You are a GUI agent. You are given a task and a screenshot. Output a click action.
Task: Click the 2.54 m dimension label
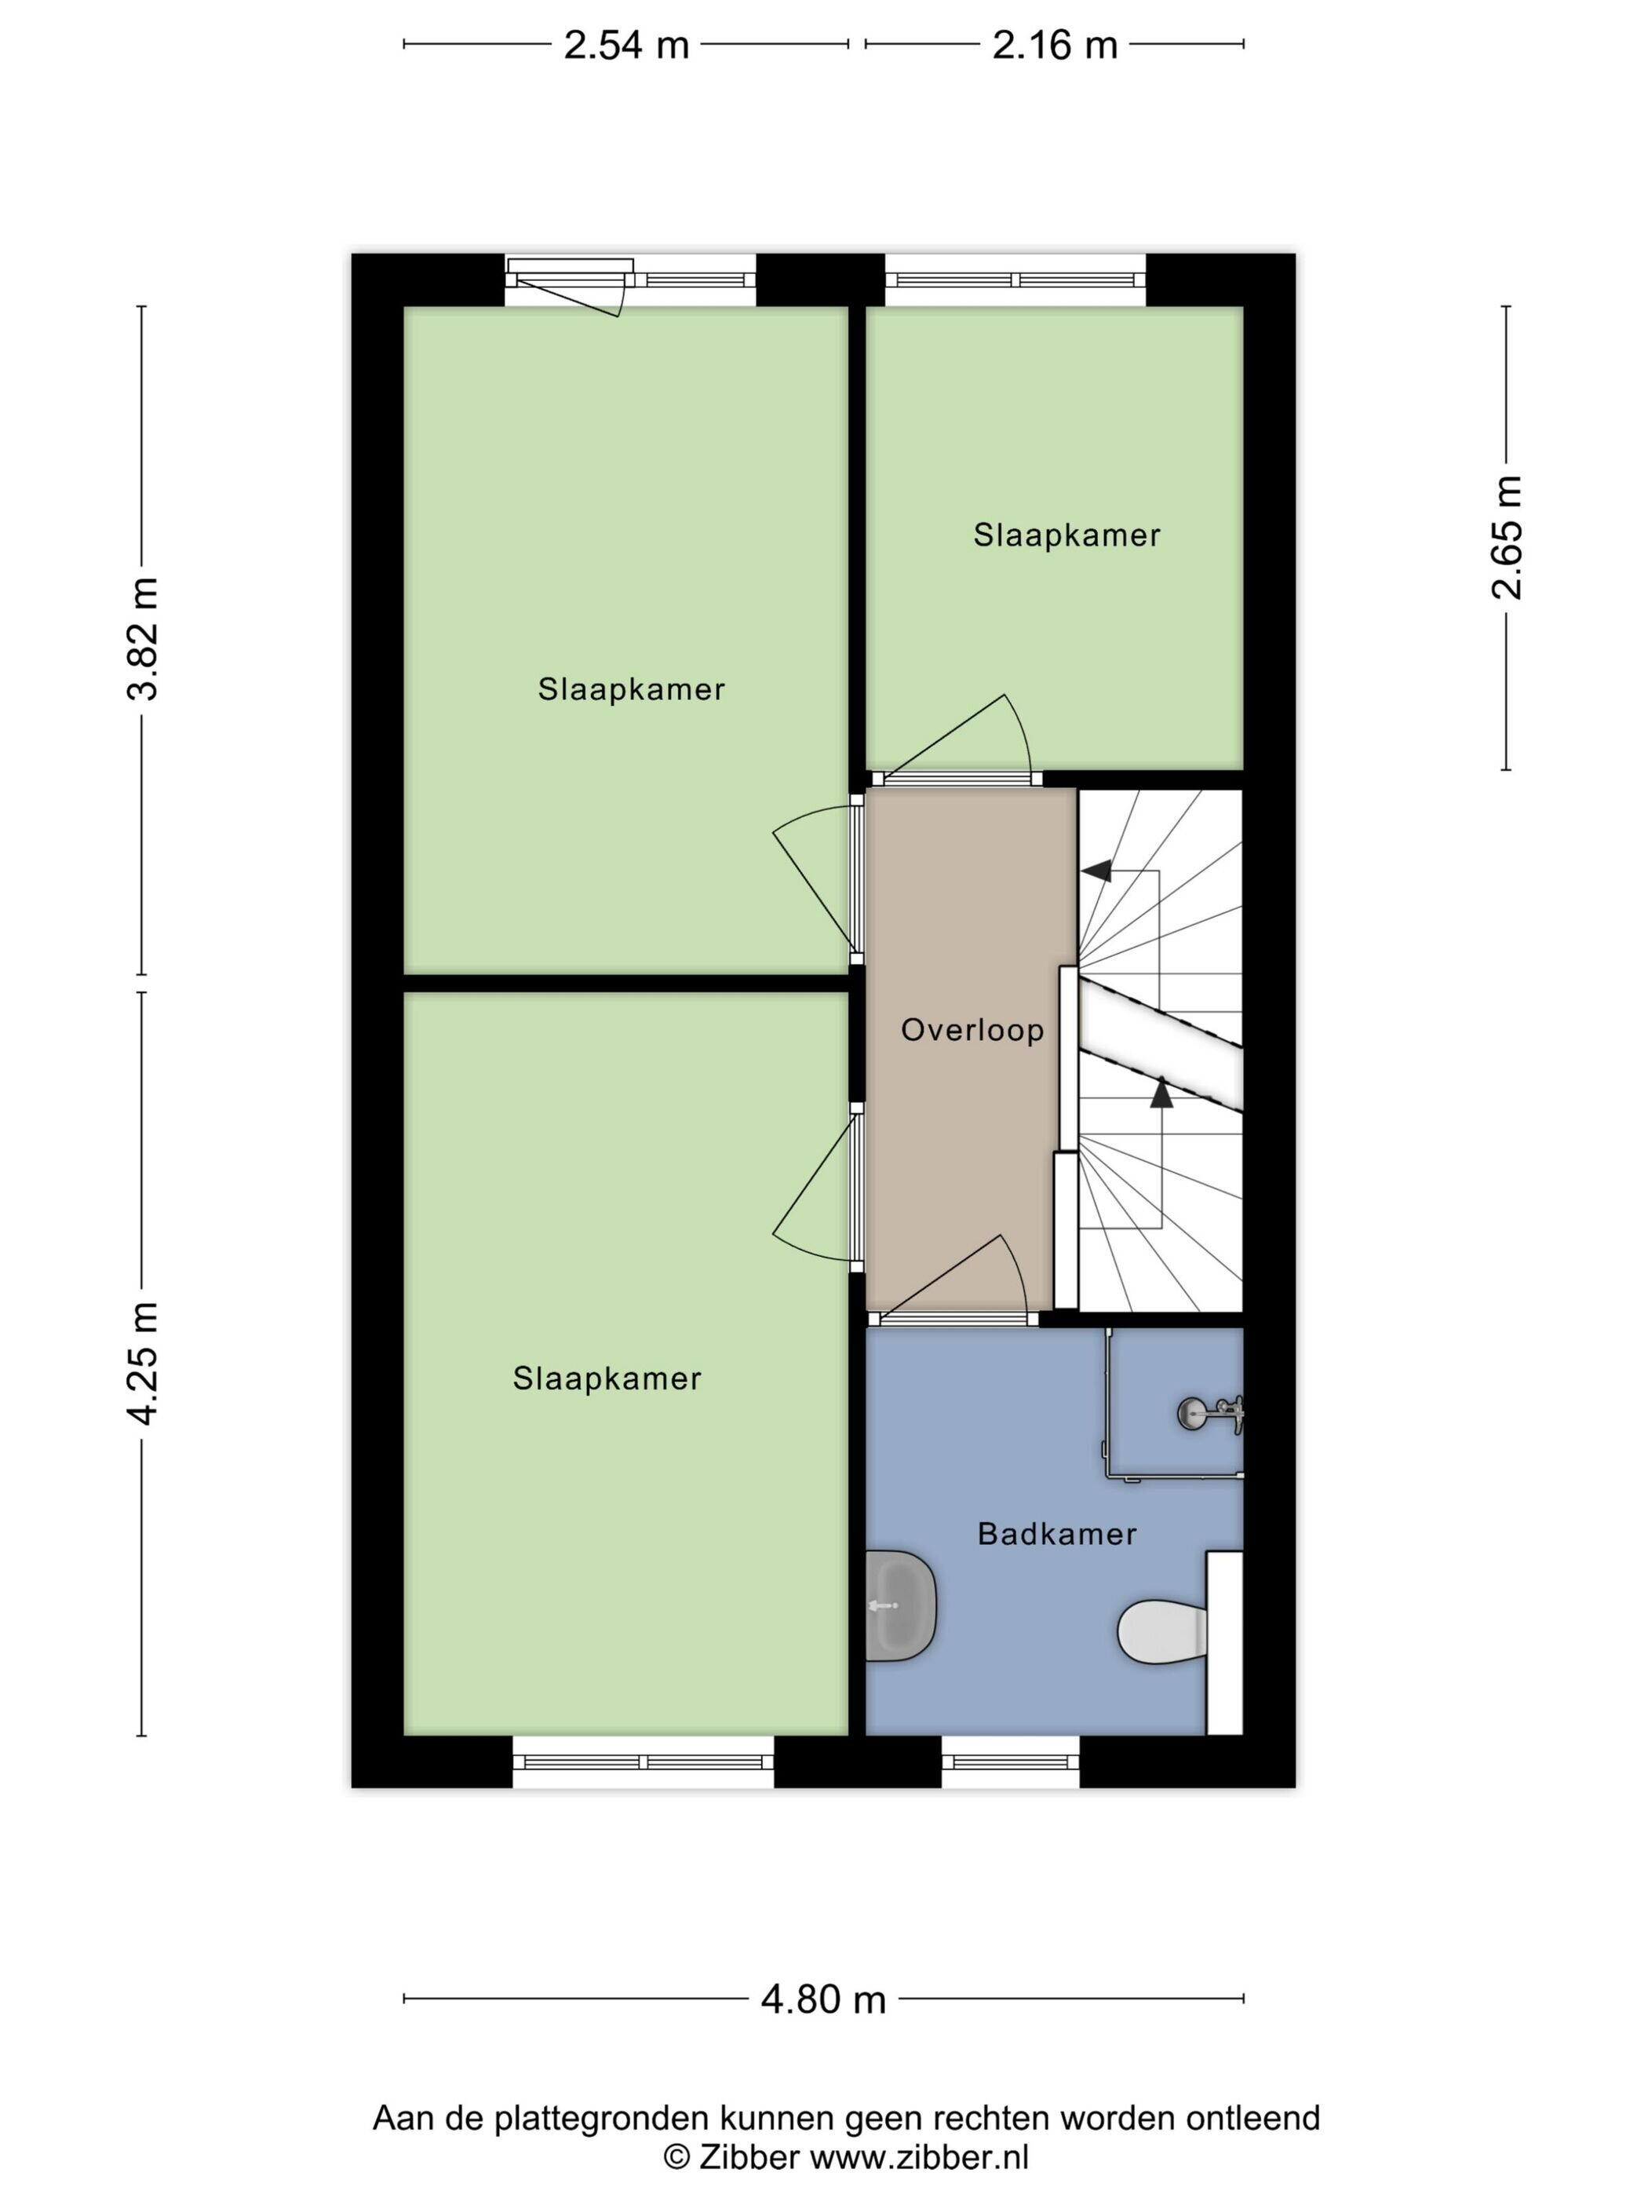point(625,45)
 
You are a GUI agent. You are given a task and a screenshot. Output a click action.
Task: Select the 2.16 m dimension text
point(1054,45)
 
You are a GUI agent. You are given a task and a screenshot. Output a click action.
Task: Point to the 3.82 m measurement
point(143,638)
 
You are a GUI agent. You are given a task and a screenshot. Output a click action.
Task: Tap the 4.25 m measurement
point(143,1362)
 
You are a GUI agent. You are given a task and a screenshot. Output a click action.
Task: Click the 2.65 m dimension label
point(1507,538)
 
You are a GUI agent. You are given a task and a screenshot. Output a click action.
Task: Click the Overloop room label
point(972,1029)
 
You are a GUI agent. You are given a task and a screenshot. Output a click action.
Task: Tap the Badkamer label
point(1057,1533)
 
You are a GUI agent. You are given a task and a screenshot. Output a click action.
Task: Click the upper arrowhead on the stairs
point(1096,871)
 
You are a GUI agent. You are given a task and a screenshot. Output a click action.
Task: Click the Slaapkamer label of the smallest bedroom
point(1066,535)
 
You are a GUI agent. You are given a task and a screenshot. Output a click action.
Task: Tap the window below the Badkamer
point(1010,1763)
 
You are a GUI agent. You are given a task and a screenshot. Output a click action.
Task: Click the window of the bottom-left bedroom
point(644,1763)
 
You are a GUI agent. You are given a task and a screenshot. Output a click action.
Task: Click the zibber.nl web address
point(920,2149)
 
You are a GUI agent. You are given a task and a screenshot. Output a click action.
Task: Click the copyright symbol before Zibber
point(676,2149)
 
